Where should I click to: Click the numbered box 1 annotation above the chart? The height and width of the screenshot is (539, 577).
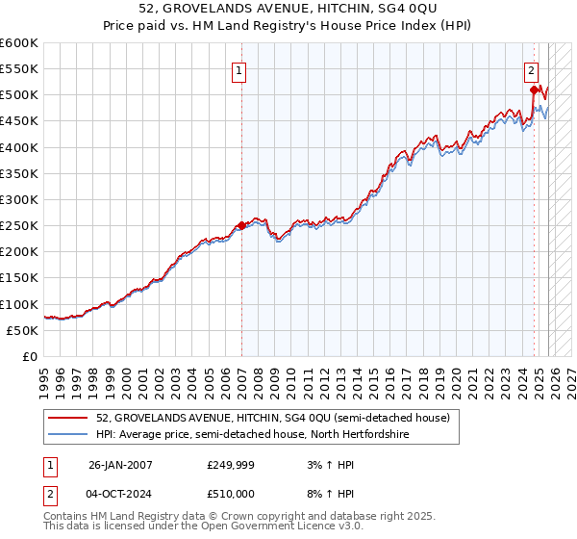tap(238, 69)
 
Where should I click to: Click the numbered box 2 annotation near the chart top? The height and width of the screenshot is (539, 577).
tap(531, 69)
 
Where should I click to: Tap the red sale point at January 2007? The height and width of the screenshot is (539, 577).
tap(240, 226)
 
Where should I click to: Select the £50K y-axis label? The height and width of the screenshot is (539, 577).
tap(22, 330)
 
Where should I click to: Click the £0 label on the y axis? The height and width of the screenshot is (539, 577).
tap(31, 356)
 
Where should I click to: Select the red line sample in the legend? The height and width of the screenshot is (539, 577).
tap(69, 418)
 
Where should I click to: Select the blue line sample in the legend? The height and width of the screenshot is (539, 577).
tap(69, 435)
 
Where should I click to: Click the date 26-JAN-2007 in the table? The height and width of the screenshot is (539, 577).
tap(120, 465)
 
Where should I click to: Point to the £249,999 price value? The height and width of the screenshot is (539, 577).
tap(230, 465)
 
